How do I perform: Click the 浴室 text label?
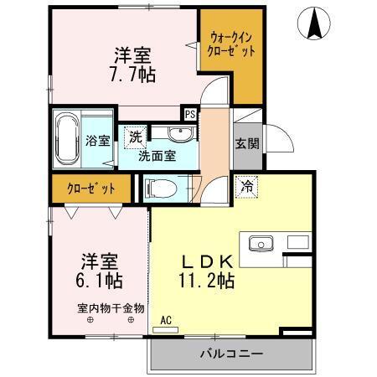tap(98, 141)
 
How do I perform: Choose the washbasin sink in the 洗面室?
tap(177, 134)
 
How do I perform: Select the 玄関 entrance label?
tap(246, 143)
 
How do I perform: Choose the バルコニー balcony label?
tap(230, 354)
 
